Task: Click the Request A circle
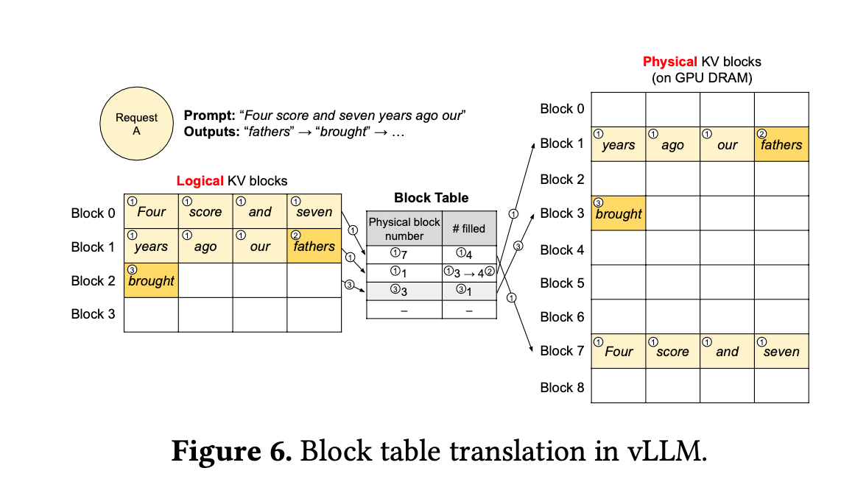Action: pos(136,124)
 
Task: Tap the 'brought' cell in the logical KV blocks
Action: pos(151,280)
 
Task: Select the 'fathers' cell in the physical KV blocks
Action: pos(781,144)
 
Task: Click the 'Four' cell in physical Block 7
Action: pos(619,351)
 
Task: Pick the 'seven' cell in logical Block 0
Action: pos(314,212)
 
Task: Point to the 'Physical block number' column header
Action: pos(404,229)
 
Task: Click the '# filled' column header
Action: pos(469,229)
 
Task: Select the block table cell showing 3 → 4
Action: pos(469,272)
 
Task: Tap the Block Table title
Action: pos(432,197)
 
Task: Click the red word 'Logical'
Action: pos(199,180)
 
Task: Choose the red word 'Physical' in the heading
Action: pos(669,62)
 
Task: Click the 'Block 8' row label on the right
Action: pos(562,387)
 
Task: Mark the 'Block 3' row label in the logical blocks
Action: pos(93,314)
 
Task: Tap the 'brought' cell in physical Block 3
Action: pos(619,213)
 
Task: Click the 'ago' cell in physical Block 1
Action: pos(672,144)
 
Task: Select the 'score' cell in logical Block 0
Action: pos(205,212)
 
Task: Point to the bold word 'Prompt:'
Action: pos(208,116)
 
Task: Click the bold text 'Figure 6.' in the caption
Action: pos(231,451)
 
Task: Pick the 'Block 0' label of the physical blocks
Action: pos(562,109)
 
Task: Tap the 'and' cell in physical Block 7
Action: pos(727,351)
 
